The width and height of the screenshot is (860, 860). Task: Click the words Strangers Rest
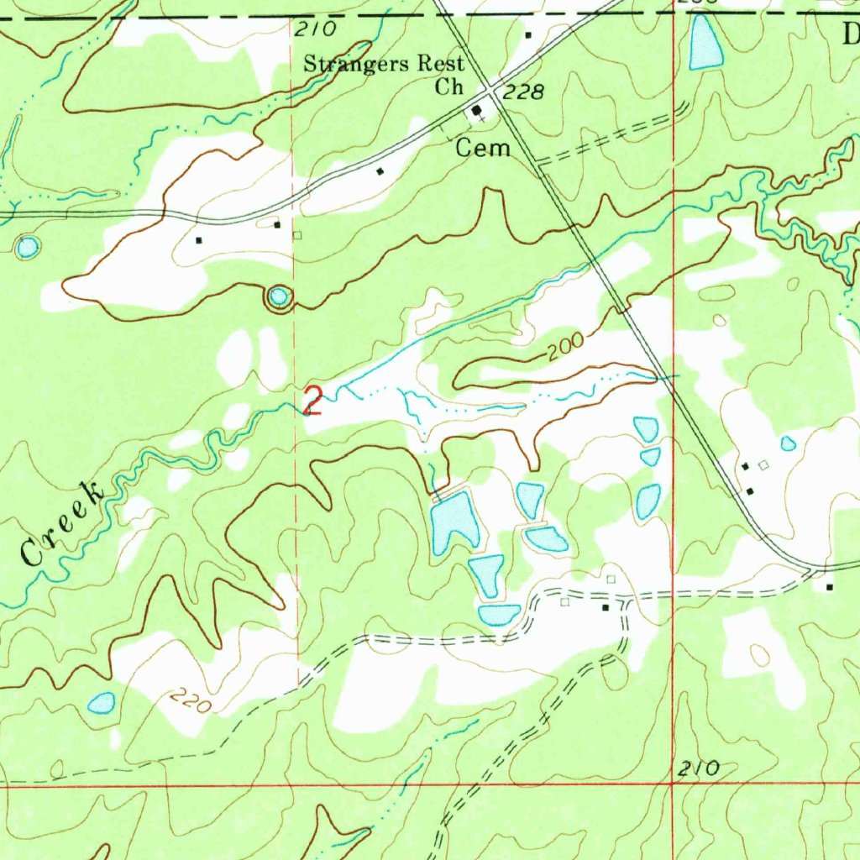[x=383, y=64]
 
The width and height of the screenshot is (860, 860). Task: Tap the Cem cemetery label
[x=483, y=149]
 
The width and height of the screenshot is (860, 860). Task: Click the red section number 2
[x=312, y=401]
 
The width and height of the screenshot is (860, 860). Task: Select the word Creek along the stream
[x=63, y=525]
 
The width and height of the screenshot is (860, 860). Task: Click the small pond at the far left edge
[x=28, y=247]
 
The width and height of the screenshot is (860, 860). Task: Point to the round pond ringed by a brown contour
[x=279, y=296]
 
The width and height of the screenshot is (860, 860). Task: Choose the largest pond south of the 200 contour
[x=454, y=523]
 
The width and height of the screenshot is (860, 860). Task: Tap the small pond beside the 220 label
[x=102, y=702]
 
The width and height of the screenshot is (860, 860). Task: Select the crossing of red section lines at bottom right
[x=673, y=784]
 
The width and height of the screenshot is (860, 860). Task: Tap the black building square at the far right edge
[x=830, y=586]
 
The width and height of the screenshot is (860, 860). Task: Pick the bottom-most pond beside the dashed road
[x=499, y=615]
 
